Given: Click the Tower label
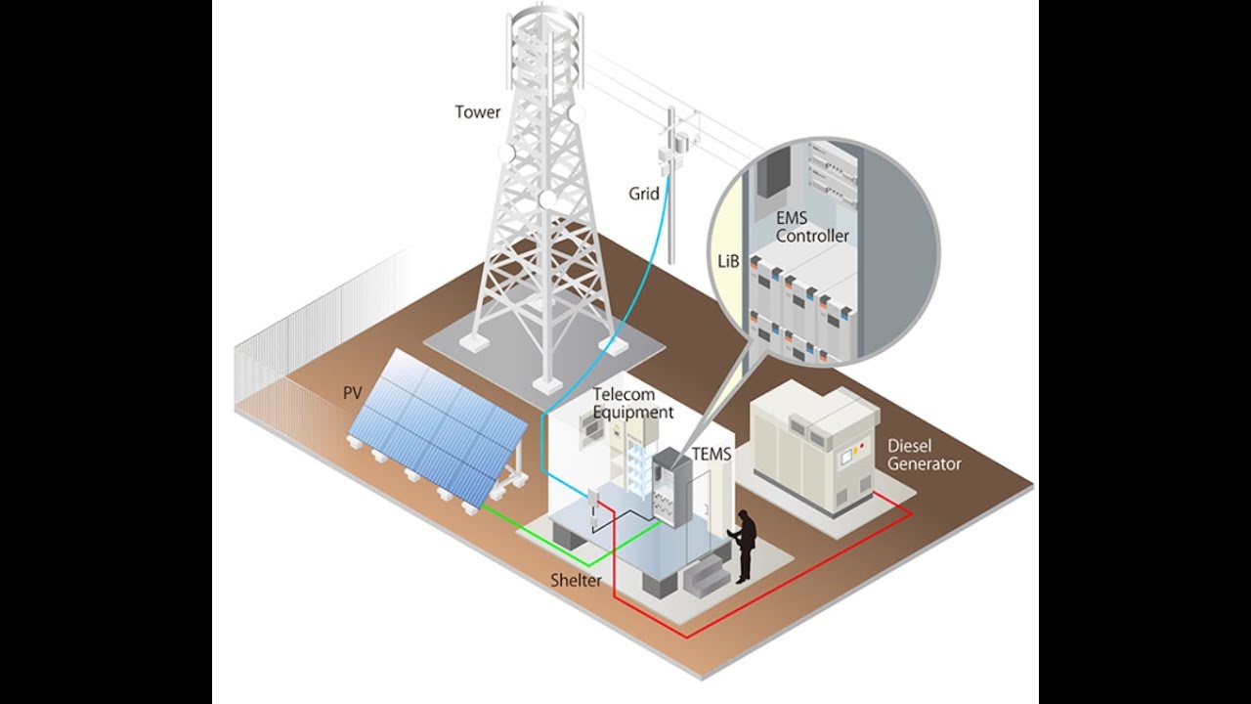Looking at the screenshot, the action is point(478,112).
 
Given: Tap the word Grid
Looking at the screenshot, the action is point(644,194).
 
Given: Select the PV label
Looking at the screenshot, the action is point(353,393).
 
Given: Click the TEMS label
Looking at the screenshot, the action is point(712,454).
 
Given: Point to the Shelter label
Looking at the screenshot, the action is point(576,581).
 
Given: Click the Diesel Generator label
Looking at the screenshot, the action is point(925,455).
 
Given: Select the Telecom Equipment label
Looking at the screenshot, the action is point(632,404).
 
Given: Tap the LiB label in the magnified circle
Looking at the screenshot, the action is point(728,261).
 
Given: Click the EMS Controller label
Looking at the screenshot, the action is point(812,227).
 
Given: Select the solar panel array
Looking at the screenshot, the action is point(437,425).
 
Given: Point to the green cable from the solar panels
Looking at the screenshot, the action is point(590,565).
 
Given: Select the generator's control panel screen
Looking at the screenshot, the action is point(846,457).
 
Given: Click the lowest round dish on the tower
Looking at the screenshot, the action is point(157,198).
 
